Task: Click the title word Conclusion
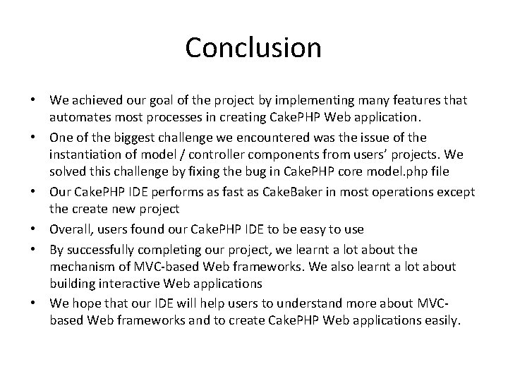click(x=253, y=48)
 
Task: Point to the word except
click(x=456, y=192)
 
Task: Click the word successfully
click(x=103, y=249)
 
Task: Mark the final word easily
click(x=439, y=321)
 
